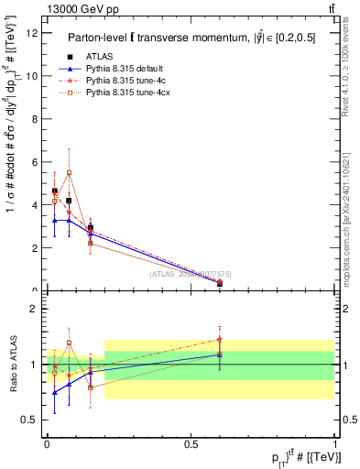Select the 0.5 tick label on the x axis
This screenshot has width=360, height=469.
coord(191,444)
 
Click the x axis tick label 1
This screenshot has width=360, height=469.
coord(334,444)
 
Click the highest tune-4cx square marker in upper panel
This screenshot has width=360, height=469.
coord(69,172)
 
